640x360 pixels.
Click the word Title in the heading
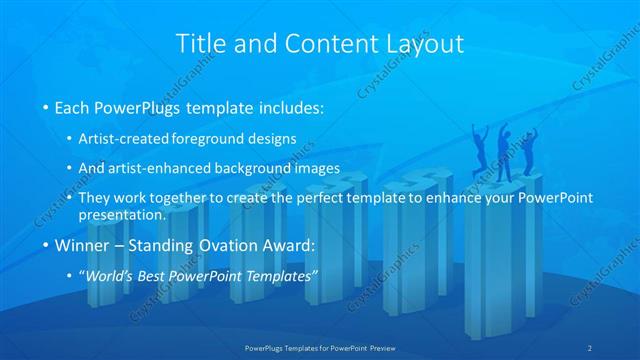tap(199, 44)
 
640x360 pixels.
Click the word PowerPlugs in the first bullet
tap(134, 106)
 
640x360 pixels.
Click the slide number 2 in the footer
tap(591, 347)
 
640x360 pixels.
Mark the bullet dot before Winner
tap(45, 245)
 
